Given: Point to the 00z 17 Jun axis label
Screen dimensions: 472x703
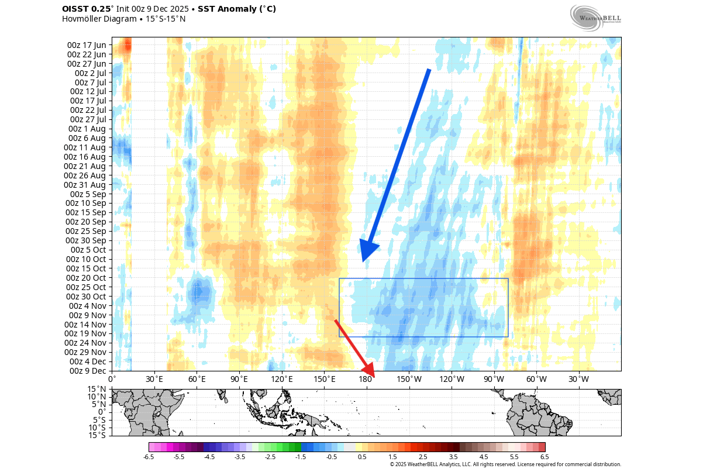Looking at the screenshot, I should coord(87,45).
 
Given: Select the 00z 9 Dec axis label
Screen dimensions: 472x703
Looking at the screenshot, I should coord(87,370).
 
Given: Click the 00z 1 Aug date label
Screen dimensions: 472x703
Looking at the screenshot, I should coord(87,129).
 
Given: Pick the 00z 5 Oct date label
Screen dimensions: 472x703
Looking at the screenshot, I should coord(87,250).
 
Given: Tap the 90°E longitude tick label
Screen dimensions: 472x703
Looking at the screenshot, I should coord(239,379).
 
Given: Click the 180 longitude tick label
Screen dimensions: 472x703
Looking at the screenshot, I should coord(366,379).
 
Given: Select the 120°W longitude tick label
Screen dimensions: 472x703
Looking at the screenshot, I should coord(452,379).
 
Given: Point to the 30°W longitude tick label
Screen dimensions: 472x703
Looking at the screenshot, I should coord(579,379).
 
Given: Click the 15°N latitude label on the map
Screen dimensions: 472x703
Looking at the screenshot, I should coord(97,389).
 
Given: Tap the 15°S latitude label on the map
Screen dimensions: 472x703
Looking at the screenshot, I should coord(97,435).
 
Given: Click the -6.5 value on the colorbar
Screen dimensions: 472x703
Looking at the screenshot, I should coord(149,457).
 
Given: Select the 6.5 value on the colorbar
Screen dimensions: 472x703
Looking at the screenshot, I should coord(545,457).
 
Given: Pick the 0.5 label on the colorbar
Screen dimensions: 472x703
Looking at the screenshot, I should coord(362,457).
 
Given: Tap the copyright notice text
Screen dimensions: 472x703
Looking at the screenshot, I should coord(505,464).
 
